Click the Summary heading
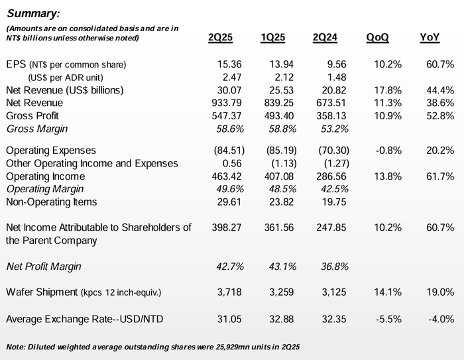point(32,13)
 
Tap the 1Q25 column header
point(272,38)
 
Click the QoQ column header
point(378,38)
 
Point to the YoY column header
point(430,38)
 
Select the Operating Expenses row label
point(50,151)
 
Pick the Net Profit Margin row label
point(43,267)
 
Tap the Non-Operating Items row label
point(51,202)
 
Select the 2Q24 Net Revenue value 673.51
point(329,103)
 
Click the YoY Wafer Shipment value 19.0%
point(441,292)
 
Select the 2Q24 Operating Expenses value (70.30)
point(329,151)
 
